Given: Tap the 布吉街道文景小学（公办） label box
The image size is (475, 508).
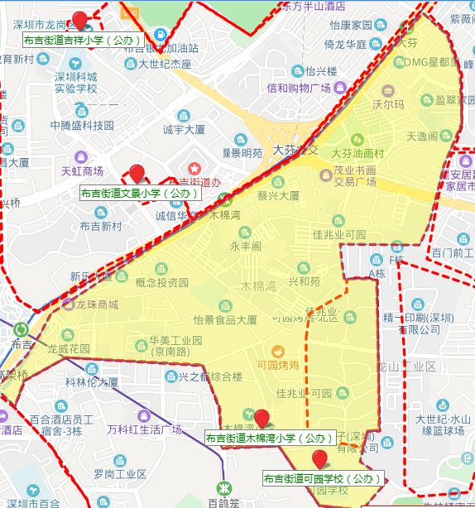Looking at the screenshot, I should point(140,193).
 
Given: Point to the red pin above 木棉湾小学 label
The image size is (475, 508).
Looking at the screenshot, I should point(262,418).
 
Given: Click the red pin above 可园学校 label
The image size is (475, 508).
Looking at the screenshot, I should point(319,458).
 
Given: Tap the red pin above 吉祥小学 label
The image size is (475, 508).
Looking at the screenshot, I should point(80,19).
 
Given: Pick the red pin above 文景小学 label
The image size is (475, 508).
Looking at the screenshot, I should point(137,173).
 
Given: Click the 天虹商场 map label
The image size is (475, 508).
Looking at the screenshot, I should point(82,171).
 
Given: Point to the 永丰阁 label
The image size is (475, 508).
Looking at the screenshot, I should point(246,246).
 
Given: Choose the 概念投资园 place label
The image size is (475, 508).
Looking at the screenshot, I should point(161,283).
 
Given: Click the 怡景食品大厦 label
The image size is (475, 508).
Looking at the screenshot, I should point(224,320).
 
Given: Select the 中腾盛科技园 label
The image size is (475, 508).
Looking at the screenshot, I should point(81,126).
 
